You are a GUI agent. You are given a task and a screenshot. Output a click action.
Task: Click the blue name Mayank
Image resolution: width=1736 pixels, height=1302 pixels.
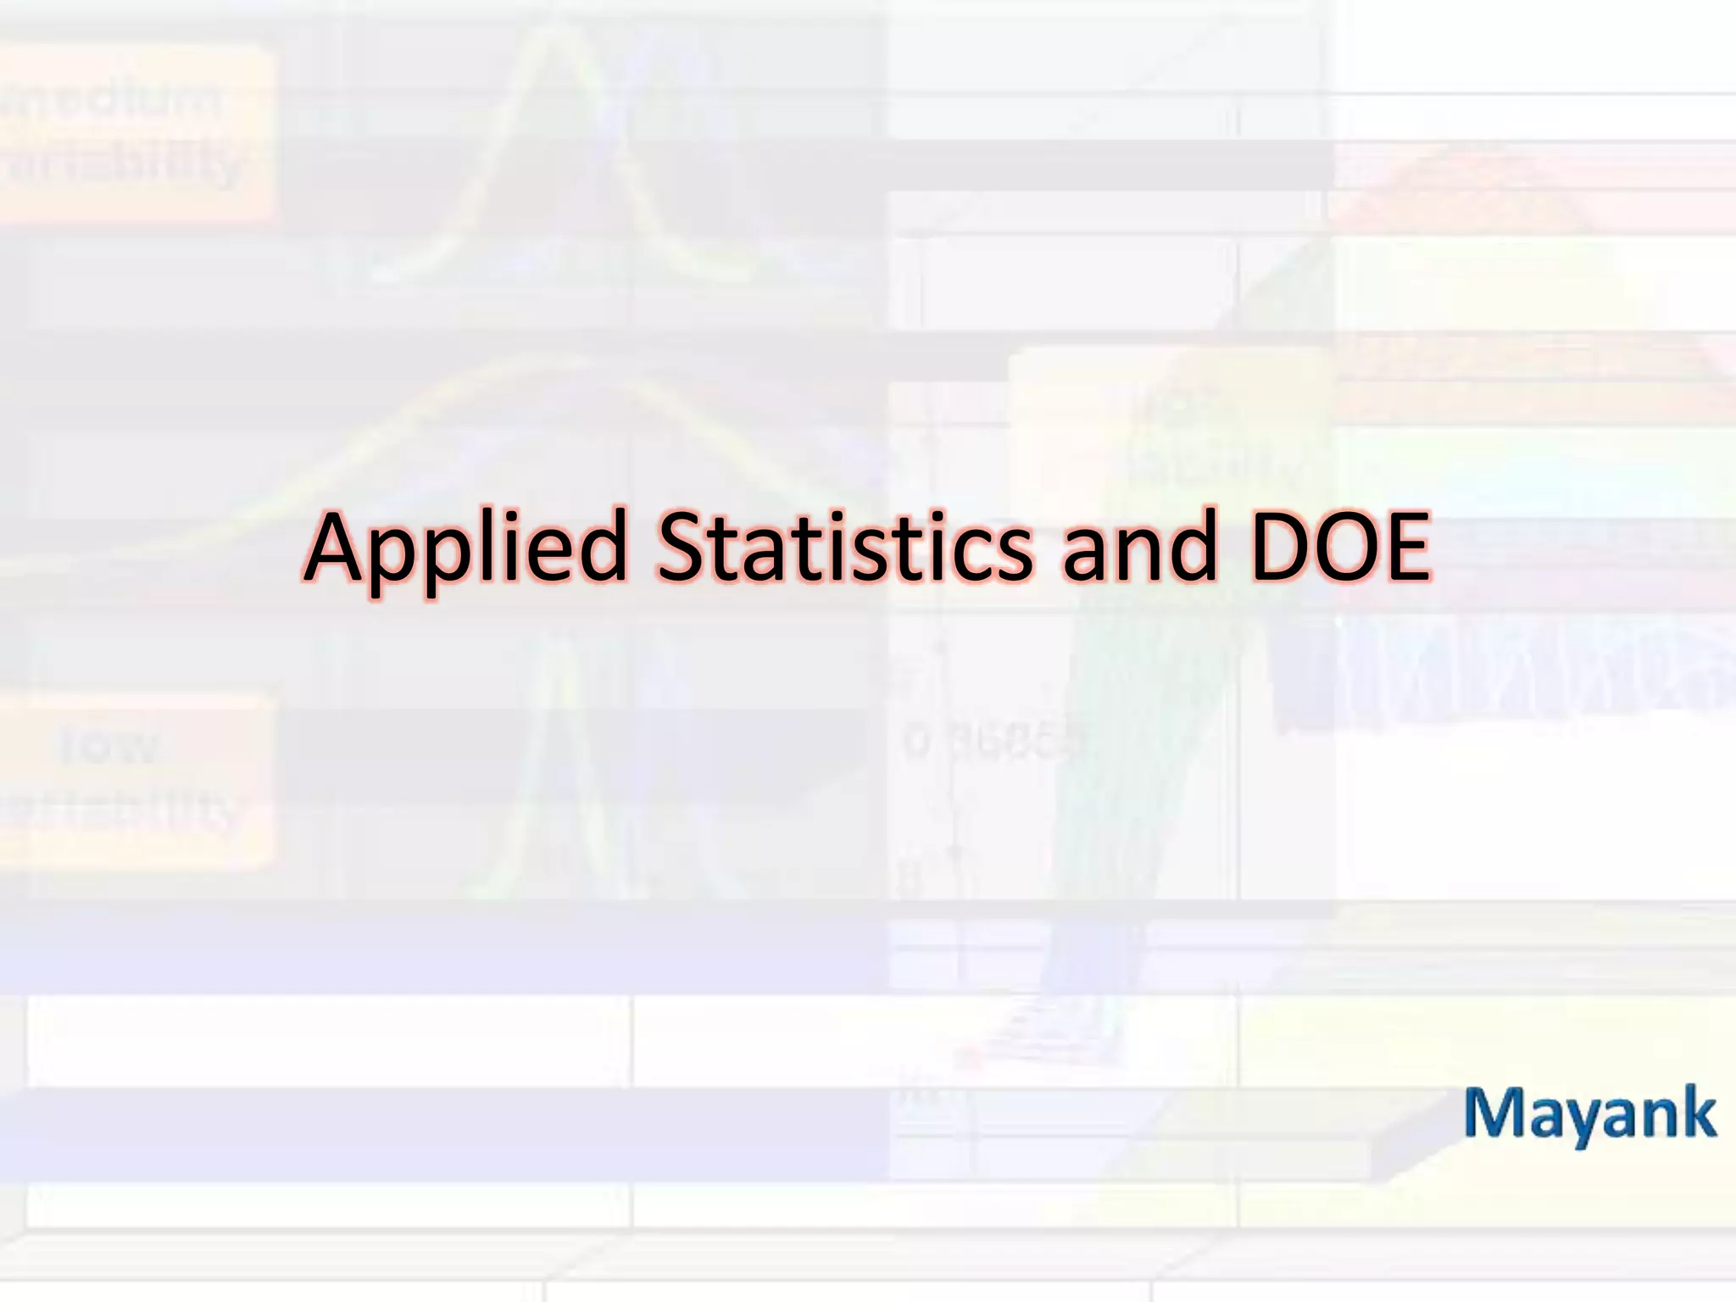click(x=1590, y=1115)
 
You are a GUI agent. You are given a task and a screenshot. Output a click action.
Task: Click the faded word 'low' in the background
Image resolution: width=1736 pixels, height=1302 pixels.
click(x=110, y=746)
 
